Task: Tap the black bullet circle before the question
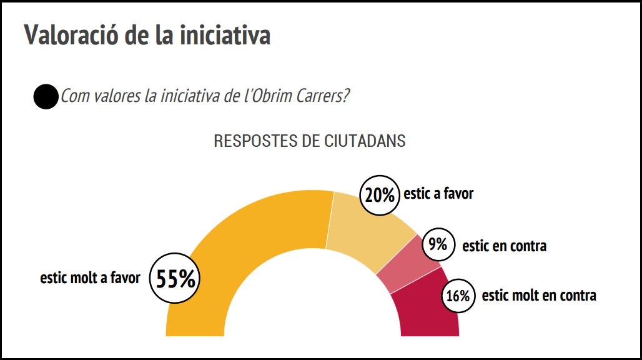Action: click(46, 97)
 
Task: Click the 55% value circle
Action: click(175, 279)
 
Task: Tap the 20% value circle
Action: click(380, 195)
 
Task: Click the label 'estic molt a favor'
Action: click(91, 278)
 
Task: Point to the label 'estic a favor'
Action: click(438, 194)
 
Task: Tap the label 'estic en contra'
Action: click(504, 246)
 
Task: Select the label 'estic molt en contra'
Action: click(539, 295)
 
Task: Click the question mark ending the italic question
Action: click(346, 97)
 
